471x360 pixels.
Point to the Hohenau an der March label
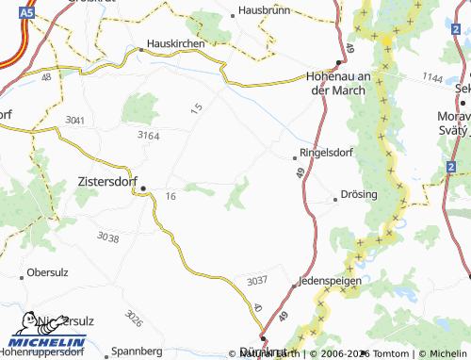[342, 84]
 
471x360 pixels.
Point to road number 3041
[75, 121]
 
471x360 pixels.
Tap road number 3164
[148, 137]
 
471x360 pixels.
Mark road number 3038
[108, 238]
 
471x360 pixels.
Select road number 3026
[133, 319]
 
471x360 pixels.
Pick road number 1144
[432, 75]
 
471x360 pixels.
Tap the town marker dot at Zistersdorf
[143, 188]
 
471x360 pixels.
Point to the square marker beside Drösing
[335, 199]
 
